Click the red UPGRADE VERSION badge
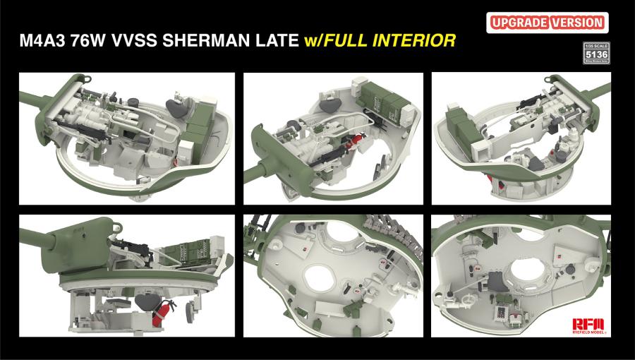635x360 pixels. [x=547, y=22]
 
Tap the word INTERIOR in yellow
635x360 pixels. [x=413, y=41]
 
